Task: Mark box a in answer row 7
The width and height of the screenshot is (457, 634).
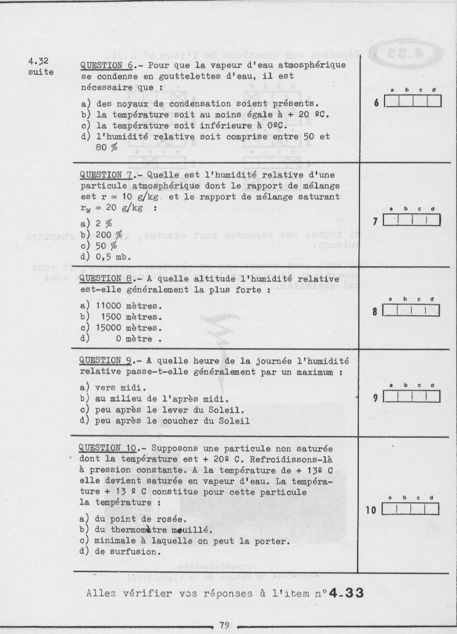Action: pos(391,220)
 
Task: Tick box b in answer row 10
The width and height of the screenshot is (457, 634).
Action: pos(404,508)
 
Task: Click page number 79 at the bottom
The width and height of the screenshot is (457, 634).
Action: pos(224,625)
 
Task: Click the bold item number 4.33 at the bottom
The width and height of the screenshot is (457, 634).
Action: pos(346,593)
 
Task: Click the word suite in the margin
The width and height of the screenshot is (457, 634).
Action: pos(40,72)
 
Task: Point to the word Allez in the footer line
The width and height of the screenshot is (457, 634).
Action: pos(101,593)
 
